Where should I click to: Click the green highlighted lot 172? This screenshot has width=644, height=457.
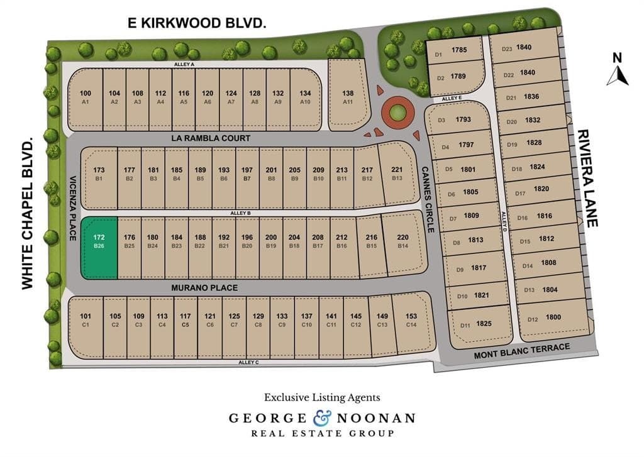(x=99, y=247)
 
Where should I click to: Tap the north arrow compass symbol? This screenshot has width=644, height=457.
(x=618, y=70)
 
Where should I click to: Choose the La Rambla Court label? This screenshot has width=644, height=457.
(x=210, y=138)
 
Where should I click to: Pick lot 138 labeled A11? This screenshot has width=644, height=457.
(x=347, y=96)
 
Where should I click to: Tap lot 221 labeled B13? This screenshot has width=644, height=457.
(x=396, y=173)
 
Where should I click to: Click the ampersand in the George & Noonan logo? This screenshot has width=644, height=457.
(x=318, y=417)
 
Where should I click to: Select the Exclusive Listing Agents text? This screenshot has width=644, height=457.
(x=321, y=397)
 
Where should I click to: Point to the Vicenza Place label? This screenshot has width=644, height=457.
(x=73, y=208)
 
